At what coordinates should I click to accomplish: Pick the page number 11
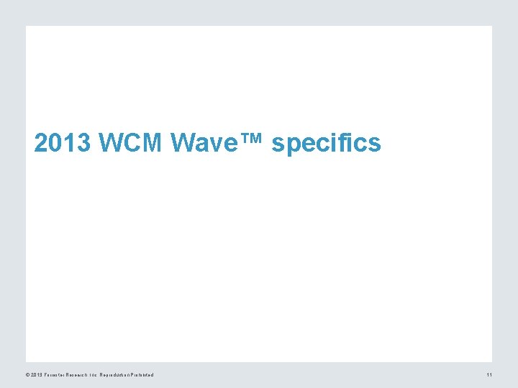tap(489, 375)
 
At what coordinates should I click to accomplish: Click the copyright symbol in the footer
tap(27, 375)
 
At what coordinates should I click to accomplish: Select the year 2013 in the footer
tap(36, 375)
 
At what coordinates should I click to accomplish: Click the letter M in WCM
tap(153, 144)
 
